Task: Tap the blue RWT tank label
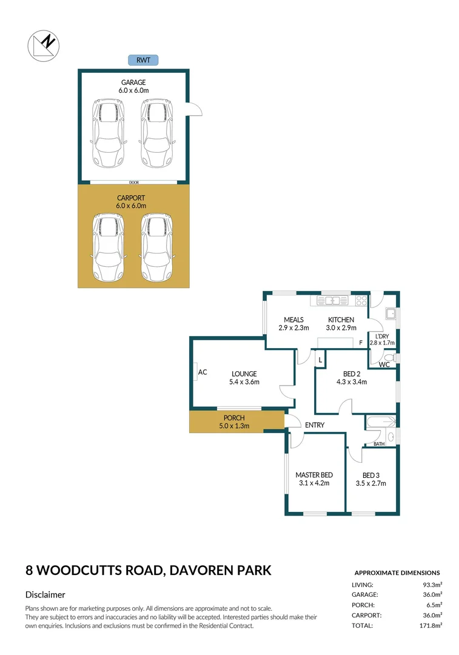click(143, 59)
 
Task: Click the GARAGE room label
click(133, 82)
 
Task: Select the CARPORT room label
click(133, 198)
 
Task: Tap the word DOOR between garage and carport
click(133, 182)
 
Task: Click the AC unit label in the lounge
click(203, 372)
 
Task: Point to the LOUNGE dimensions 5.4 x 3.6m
click(244, 382)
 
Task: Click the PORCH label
click(234, 418)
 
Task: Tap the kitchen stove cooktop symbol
click(361, 300)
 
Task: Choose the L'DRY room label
click(382, 336)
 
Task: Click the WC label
click(384, 364)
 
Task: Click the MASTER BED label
click(313, 475)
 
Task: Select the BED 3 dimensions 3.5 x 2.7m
click(370, 483)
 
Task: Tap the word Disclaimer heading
click(45, 595)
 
